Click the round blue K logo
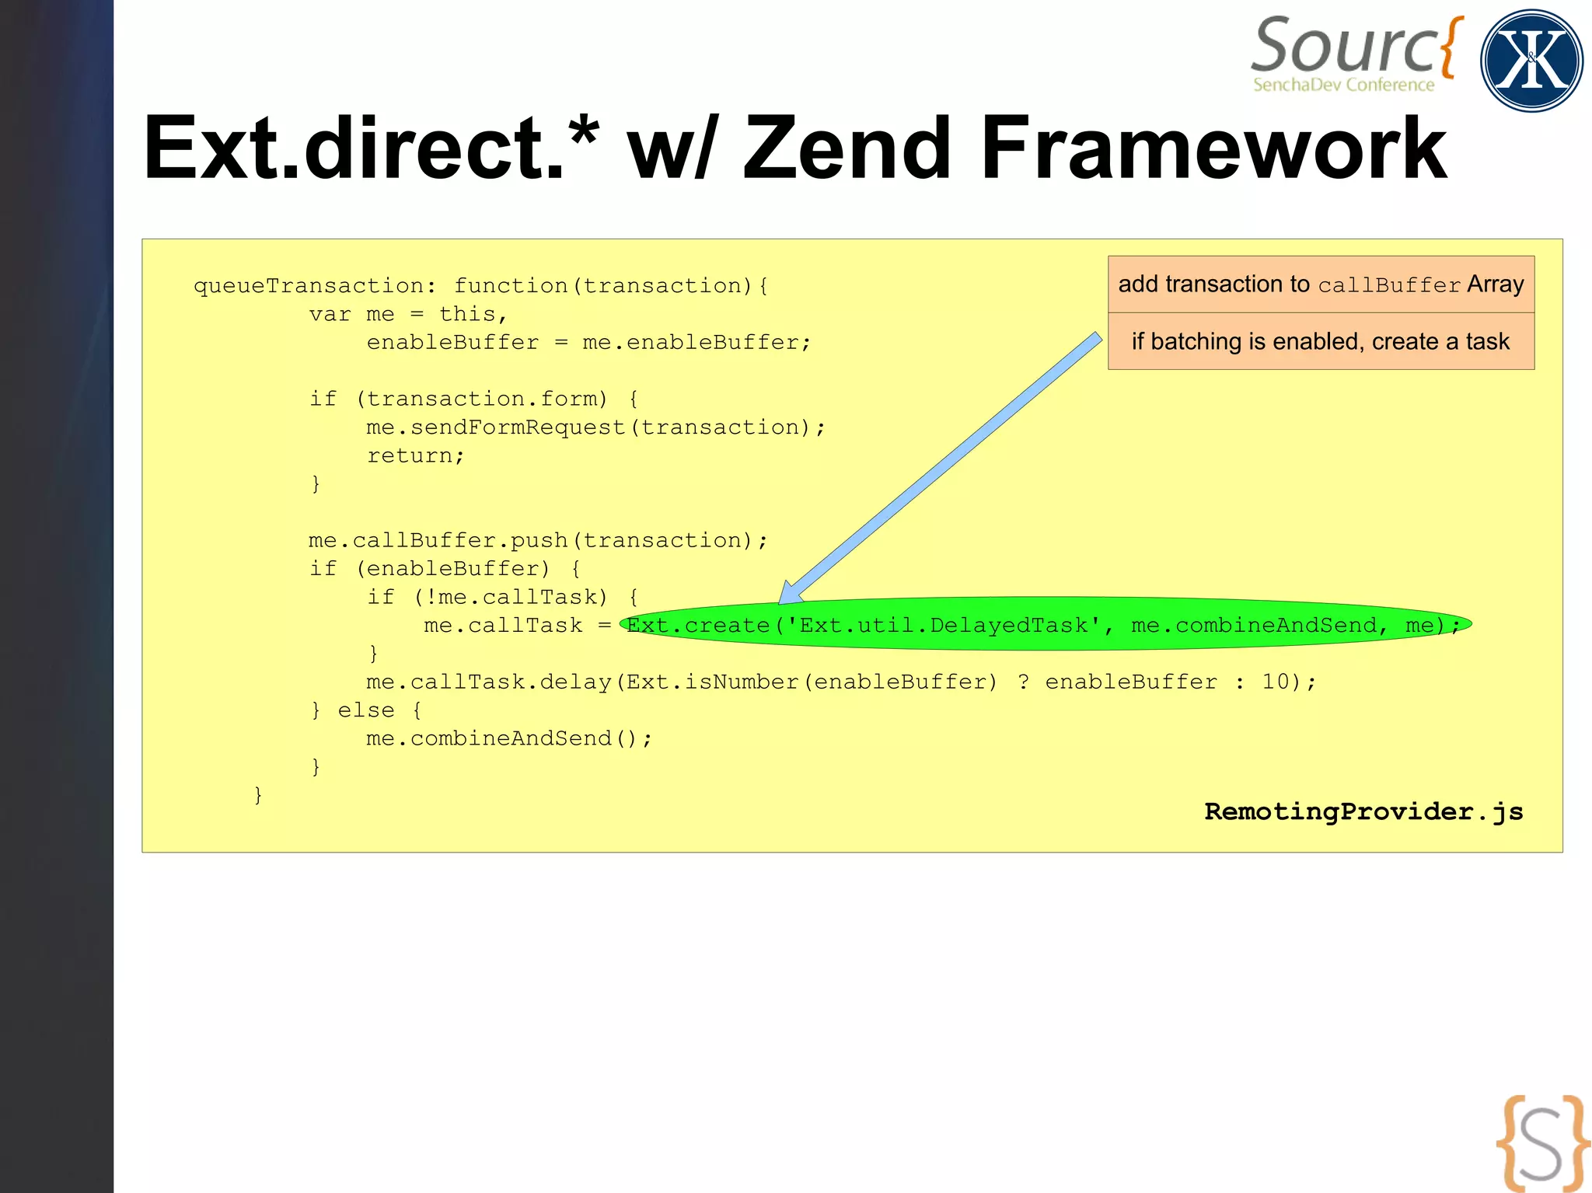(1531, 61)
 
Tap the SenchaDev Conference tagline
(1343, 85)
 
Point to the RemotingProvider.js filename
(1363, 811)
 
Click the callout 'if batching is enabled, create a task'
(1321, 341)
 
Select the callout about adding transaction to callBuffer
(1321, 284)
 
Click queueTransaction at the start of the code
(309, 286)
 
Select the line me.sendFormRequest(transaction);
(595, 427)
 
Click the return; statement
(415, 455)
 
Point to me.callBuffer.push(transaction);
(538, 540)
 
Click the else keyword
(365, 710)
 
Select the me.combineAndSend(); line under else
(509, 738)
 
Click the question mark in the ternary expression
(1023, 682)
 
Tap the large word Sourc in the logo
(1345, 47)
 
